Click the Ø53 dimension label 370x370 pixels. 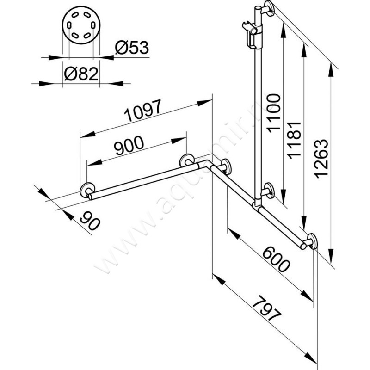coord(132,48)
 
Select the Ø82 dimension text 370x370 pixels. coord(81,74)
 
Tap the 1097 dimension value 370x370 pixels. coord(144,110)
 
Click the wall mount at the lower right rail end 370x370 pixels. coord(311,242)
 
